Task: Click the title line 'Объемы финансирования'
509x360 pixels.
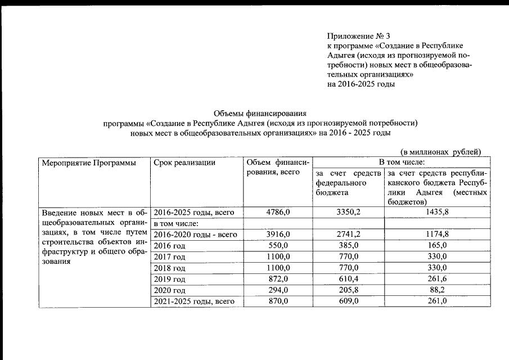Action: coord(259,113)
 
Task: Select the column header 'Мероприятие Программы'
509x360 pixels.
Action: coord(89,163)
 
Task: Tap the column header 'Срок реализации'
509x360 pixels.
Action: coord(184,163)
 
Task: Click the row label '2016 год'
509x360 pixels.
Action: coord(169,246)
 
